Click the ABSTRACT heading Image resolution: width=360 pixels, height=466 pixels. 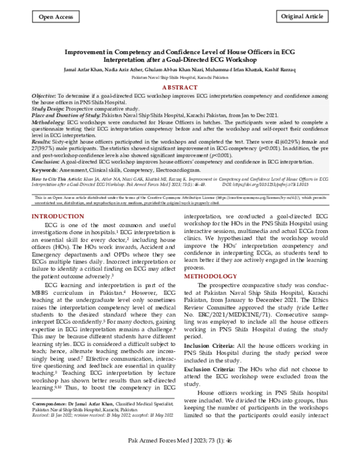click(180, 87)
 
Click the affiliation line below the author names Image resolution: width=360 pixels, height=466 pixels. click(180, 78)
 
